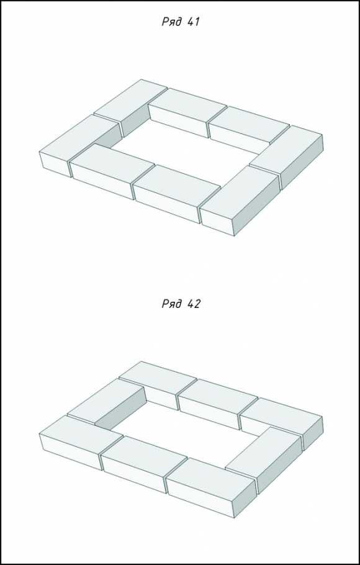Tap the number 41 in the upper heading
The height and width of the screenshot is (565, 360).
pyautogui.click(x=194, y=22)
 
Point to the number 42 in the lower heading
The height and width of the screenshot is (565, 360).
pyautogui.click(x=194, y=304)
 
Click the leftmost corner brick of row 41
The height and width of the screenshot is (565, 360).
pyautogui.click(x=79, y=146)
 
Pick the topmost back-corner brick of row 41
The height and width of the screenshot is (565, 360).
pyautogui.click(x=130, y=107)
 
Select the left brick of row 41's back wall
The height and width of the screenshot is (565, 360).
pyautogui.click(x=187, y=112)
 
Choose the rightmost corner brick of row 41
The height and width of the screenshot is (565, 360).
pyautogui.click(x=286, y=156)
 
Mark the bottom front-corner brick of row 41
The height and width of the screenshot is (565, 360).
pyautogui.click(x=240, y=200)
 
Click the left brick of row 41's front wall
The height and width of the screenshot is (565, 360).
pyautogui.click(x=112, y=171)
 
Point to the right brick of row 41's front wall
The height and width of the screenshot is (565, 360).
pyautogui.click(x=176, y=193)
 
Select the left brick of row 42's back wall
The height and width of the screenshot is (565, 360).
pyautogui.click(x=158, y=385)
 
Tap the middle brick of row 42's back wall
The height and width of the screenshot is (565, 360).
pyautogui.click(x=218, y=403)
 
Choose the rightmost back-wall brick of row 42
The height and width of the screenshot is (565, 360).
pyautogui.click(x=281, y=423)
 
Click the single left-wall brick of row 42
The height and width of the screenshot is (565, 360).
pyautogui.click(x=106, y=404)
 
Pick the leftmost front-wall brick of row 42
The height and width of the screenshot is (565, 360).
pyautogui.click(x=81, y=442)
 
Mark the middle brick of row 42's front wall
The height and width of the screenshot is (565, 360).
pyautogui.click(x=144, y=464)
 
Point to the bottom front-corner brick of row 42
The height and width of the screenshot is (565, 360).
pyautogui.click(x=211, y=487)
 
